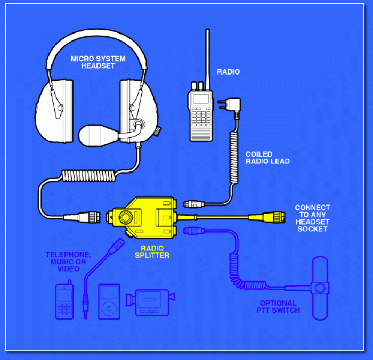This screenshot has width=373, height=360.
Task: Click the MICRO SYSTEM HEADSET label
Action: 98,62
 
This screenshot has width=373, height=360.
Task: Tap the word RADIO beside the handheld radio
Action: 228,72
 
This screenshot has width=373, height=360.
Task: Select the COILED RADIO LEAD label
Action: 267,158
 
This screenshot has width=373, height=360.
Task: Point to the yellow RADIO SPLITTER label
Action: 152,252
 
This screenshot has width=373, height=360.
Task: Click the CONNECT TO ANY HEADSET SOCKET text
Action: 313,218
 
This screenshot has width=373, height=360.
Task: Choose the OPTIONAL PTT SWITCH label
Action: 278,307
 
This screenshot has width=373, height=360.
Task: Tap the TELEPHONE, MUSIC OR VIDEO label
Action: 68,262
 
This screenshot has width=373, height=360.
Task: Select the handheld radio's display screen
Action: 201,99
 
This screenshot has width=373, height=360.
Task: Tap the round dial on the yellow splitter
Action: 126,217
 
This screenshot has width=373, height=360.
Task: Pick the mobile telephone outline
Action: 64,300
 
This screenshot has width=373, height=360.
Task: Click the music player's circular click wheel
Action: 109,308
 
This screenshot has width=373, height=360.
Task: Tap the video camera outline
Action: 150,302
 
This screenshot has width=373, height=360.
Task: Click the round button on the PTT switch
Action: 320,288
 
